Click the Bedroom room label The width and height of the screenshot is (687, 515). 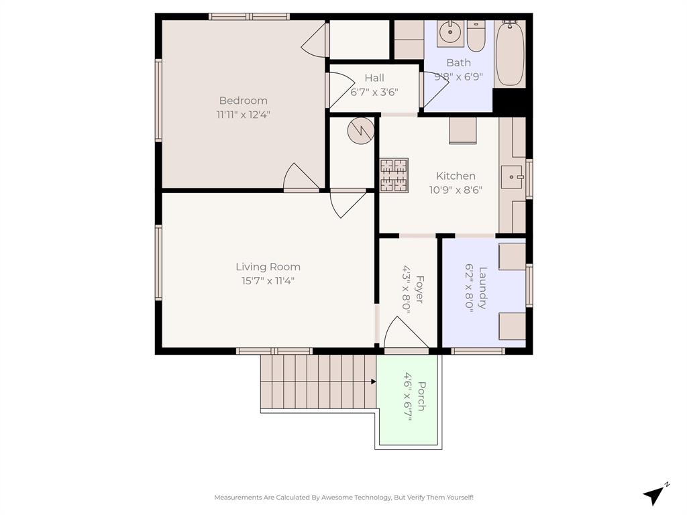tap(242, 101)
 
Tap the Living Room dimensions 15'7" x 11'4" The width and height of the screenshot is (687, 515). tap(268, 282)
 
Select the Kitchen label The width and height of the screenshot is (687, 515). tap(456, 176)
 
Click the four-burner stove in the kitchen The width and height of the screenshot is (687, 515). tap(394, 175)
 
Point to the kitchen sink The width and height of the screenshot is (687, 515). tap(513, 177)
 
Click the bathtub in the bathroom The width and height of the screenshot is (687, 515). tap(511, 54)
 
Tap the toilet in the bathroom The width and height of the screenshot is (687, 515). tap(476, 38)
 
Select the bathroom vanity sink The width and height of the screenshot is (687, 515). tap(450, 33)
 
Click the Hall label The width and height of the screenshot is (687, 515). tap(374, 78)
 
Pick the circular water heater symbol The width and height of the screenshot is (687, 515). tap(360, 130)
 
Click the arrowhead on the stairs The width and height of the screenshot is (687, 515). tap(372, 382)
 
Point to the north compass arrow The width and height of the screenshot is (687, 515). tap(654, 494)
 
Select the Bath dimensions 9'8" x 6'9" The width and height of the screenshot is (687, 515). tap(458, 76)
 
